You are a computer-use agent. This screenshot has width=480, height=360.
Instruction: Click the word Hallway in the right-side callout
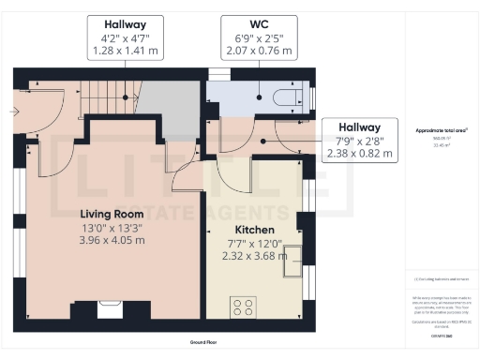pyautogui.click(x=360, y=127)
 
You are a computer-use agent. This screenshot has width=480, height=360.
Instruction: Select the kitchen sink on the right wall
pyautogui.click(x=293, y=258)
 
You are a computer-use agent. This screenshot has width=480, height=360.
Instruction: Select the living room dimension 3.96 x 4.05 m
pyautogui.click(x=112, y=240)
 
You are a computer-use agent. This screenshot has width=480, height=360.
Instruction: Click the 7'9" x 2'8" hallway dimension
pyautogui.click(x=360, y=142)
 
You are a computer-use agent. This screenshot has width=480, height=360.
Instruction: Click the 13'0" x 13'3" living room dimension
pyautogui.click(x=112, y=227)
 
